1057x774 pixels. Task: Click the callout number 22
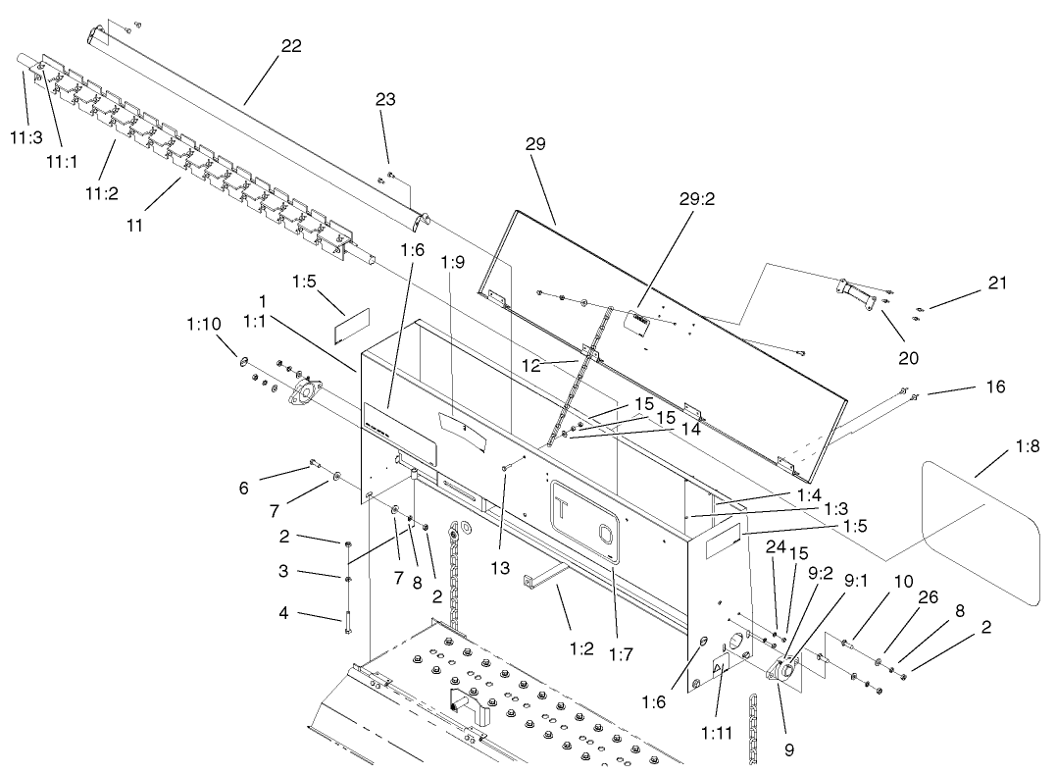290,45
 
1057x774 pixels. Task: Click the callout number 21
996,283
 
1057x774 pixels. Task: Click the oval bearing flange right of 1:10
304,391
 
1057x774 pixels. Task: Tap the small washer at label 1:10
243,361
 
